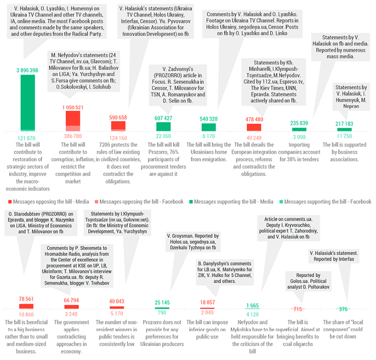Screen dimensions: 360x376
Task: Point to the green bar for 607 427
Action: (x=163, y=127)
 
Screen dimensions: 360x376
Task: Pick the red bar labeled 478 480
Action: (x=254, y=128)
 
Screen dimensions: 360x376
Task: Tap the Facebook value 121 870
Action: (x=28, y=138)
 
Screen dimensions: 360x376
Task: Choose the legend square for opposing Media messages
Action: (x=11, y=201)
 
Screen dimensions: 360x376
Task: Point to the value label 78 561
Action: (x=27, y=299)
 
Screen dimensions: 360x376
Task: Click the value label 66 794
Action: (x=72, y=300)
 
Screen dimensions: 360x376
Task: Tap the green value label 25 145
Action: (x=162, y=302)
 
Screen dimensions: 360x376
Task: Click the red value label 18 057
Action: (x=207, y=303)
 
